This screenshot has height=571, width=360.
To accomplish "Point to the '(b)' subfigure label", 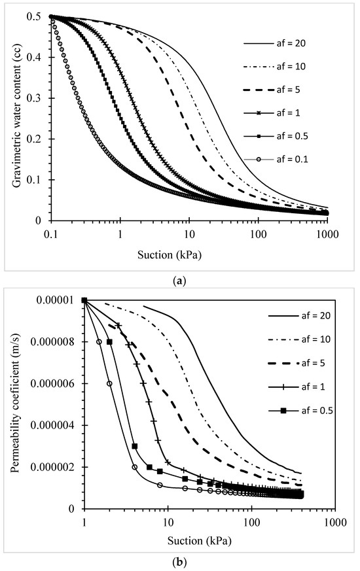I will point(180,560).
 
